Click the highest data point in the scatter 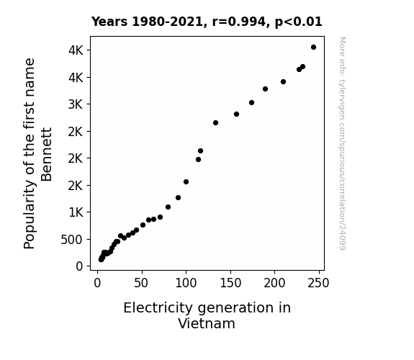[x=313, y=48]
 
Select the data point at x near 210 [x=283, y=82]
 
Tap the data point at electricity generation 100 [x=186, y=181]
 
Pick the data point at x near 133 [x=215, y=123]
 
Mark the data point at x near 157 [x=237, y=114]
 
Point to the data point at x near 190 [x=266, y=89]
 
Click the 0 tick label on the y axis [x=79, y=266]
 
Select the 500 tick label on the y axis [x=72, y=240]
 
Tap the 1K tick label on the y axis [x=76, y=212]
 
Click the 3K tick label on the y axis [x=76, y=104]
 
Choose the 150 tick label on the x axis [x=231, y=283]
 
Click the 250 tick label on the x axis [x=318, y=283]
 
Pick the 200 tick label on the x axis [x=274, y=283]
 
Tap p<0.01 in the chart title [x=299, y=22]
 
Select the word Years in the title [x=109, y=22]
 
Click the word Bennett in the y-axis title [x=47, y=155]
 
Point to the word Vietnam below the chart [x=207, y=323]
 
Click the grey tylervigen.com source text [x=342, y=143]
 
